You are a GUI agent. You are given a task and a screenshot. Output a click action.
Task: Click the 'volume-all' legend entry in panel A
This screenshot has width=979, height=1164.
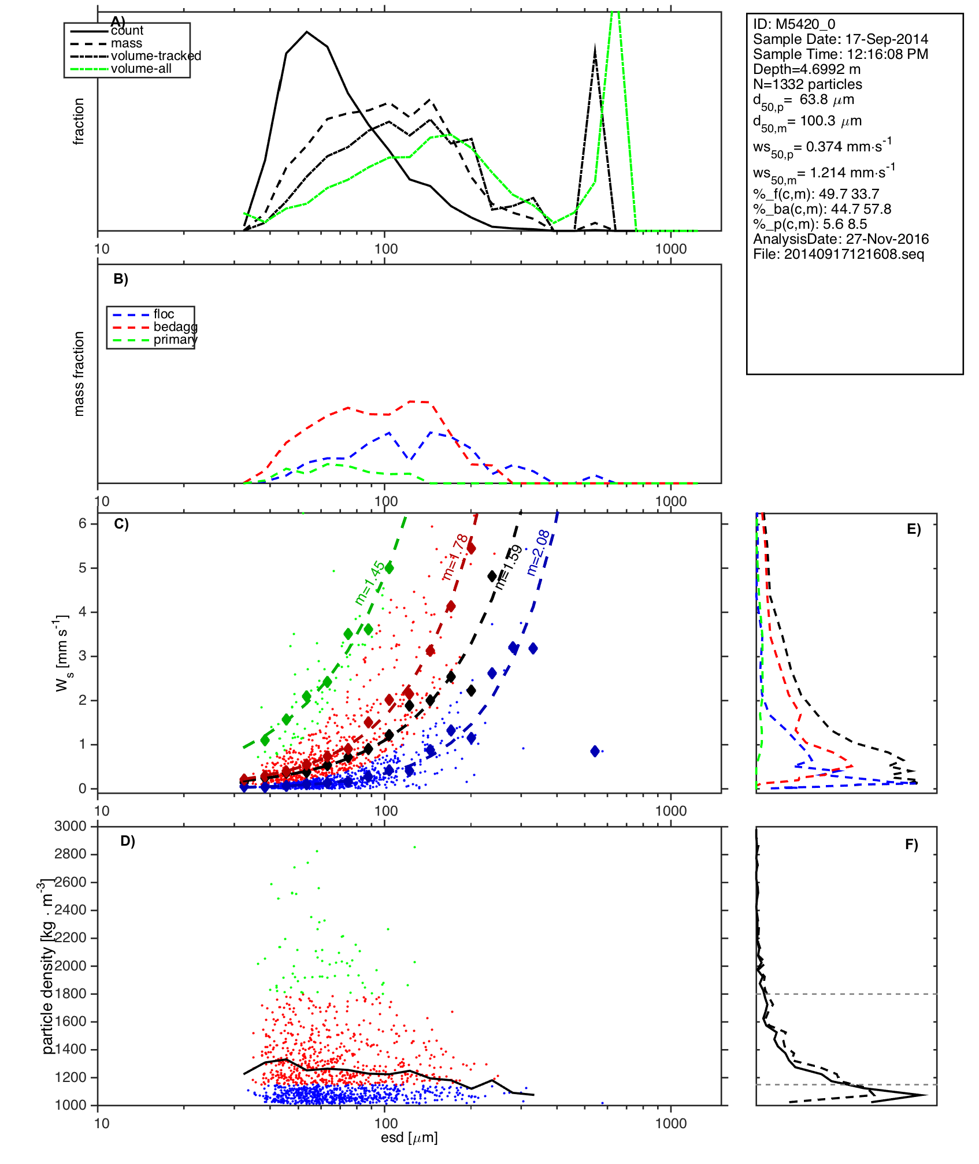coord(141,69)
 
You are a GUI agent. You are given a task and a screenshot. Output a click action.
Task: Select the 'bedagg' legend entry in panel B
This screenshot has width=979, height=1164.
coord(175,327)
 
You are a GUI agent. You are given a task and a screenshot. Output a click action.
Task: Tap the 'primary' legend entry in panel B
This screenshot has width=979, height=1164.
coord(175,340)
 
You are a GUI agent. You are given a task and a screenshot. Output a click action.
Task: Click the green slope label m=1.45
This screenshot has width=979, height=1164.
coord(369,583)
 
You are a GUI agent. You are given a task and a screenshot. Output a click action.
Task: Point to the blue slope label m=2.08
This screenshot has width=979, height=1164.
coord(538,553)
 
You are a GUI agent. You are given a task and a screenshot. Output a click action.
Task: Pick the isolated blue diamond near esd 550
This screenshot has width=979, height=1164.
coord(595,751)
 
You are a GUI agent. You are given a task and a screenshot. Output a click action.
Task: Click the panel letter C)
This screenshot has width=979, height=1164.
coord(121,524)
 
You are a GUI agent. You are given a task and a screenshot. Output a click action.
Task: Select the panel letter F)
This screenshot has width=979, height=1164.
coord(911,845)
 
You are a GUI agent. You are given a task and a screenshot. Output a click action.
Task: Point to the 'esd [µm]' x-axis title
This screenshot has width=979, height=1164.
coord(409,1138)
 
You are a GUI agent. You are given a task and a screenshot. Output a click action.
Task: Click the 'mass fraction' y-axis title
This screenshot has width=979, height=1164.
coord(79,374)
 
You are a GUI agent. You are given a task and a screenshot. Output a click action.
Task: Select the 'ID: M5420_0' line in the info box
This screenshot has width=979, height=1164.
coord(793,24)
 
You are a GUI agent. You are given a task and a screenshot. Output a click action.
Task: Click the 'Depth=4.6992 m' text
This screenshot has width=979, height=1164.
coord(806,69)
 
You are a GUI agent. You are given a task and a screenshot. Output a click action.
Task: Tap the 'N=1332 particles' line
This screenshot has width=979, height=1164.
coord(807,84)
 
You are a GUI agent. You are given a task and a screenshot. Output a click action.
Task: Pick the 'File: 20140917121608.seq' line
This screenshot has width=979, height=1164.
coord(838,254)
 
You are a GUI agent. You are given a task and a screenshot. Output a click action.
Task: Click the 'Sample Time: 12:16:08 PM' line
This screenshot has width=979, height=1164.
coord(840,54)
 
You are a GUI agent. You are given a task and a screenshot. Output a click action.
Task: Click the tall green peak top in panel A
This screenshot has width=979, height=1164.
coord(615,13)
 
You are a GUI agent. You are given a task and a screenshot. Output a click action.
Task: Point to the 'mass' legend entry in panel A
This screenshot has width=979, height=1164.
coord(127,43)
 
